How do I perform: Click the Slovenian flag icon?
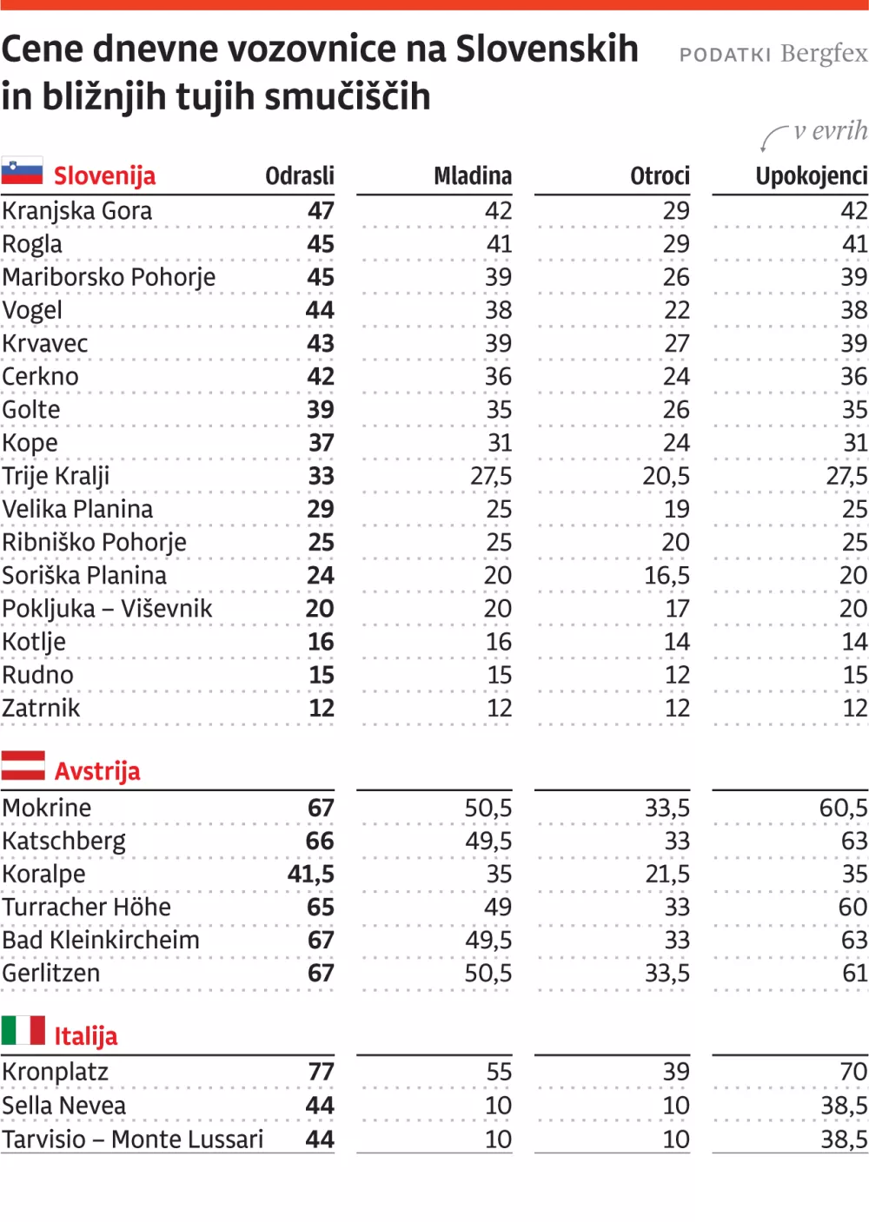[23, 171]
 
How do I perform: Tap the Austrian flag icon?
[23, 766]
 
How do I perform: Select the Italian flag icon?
[23, 1030]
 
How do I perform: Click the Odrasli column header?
[300, 176]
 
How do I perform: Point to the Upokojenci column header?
[811, 176]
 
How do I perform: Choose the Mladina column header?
[473, 176]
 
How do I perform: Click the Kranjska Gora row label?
[77, 211]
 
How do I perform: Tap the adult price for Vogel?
[320, 310]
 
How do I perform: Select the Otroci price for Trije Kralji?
[666, 476]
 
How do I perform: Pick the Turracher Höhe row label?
[87, 908]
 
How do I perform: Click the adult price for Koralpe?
[311, 875]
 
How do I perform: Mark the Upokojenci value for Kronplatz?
[852, 1072]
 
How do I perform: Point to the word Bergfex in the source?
[824, 54]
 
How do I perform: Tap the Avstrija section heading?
[97, 771]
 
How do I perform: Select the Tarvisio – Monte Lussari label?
[133, 1139]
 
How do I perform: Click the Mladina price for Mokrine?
[488, 809]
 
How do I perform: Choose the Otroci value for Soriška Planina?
[667, 576]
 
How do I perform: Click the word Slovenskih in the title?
[547, 49]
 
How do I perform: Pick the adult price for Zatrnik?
[322, 709]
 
